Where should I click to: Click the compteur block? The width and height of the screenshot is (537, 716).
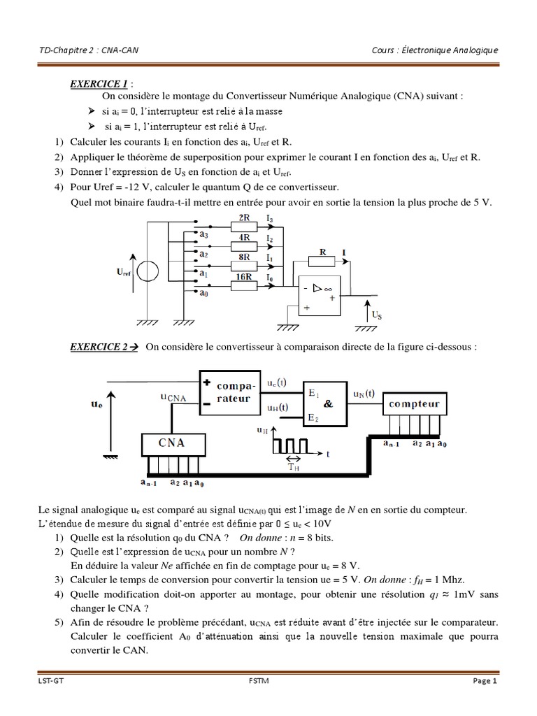pos(415,404)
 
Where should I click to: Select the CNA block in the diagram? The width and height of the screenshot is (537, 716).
pos(172,443)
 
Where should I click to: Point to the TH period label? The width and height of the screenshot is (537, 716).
pos(294,468)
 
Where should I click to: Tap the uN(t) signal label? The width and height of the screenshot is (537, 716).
pos(363,394)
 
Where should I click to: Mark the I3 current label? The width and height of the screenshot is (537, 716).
pos(271,220)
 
